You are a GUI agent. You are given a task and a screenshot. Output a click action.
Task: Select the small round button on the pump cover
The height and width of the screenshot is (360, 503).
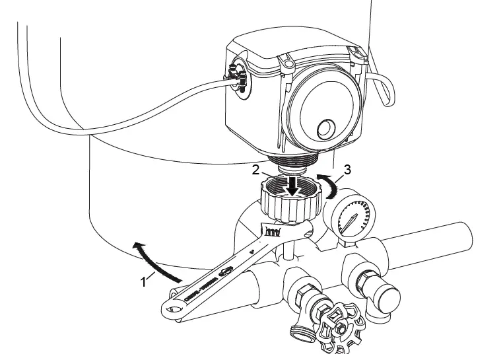325,127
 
